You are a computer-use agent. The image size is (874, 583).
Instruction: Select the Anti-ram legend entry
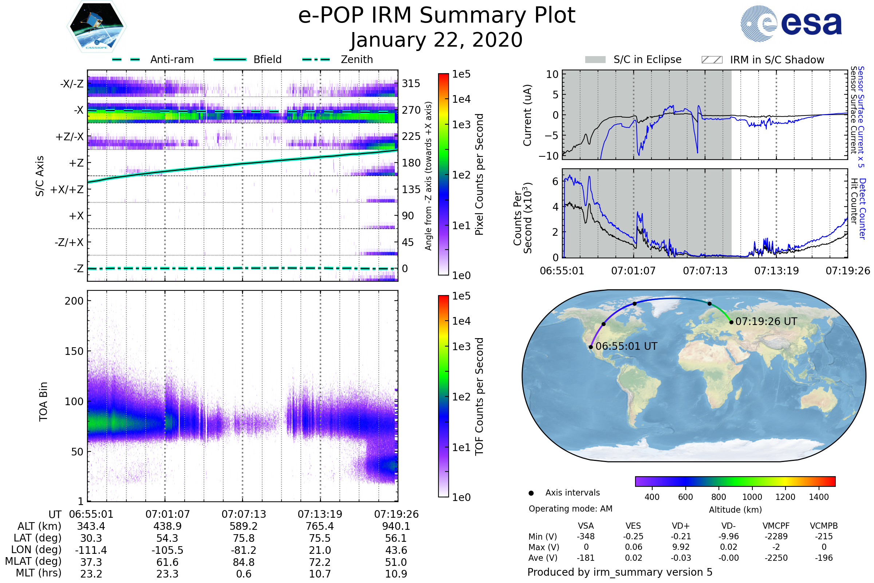pyautogui.click(x=153, y=59)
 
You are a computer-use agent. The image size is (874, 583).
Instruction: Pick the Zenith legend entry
pyautogui.click(x=338, y=59)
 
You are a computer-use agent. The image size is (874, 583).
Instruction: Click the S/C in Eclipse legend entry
pyautogui.click(x=633, y=59)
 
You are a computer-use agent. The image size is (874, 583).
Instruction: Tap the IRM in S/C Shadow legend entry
pyautogui.click(x=763, y=60)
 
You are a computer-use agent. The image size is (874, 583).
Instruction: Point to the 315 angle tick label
pyautogui.click(x=411, y=83)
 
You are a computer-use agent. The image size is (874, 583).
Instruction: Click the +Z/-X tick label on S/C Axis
pyautogui.click(x=70, y=137)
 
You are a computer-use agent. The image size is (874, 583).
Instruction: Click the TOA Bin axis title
pyautogui.click(x=43, y=402)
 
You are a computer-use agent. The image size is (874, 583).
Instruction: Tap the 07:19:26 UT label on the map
pyautogui.click(x=766, y=322)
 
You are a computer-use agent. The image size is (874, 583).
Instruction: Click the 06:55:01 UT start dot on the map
pyautogui.click(x=591, y=347)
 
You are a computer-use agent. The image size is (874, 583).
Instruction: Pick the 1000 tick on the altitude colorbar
pyautogui.click(x=752, y=497)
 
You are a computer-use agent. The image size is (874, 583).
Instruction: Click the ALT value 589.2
pyautogui.click(x=244, y=527)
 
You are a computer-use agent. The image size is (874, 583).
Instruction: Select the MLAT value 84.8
pyautogui.click(x=244, y=562)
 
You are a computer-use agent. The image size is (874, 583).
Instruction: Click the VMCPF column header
pyautogui.click(x=776, y=526)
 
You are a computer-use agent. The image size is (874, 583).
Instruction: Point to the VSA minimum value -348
pyautogui.click(x=586, y=536)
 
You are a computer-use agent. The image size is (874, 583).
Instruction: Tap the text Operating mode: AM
pyautogui.click(x=570, y=509)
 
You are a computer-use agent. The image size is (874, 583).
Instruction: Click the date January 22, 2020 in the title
pyautogui.click(x=437, y=40)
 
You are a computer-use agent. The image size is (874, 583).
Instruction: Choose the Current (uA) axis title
pyautogui.click(x=527, y=115)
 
